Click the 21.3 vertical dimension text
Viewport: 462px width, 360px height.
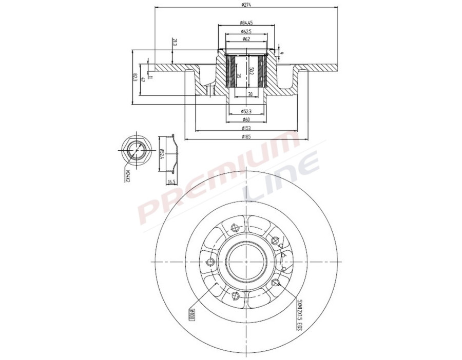click(175, 43)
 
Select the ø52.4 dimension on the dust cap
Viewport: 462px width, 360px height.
click(162, 154)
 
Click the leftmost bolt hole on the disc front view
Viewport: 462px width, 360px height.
click(209, 263)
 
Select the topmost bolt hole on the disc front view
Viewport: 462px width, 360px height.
click(236, 228)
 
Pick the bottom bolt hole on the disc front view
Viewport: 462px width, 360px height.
click(236, 295)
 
